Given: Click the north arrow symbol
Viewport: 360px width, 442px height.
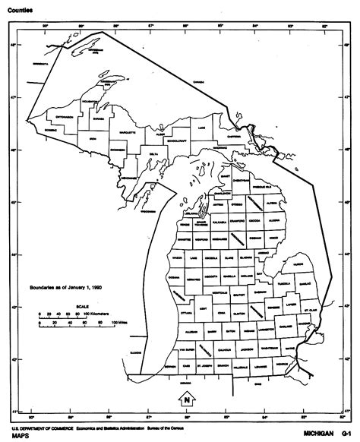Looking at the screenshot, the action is pyautogui.click(x=185, y=398).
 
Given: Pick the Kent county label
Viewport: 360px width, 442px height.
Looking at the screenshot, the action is pyautogui.click(x=201, y=309).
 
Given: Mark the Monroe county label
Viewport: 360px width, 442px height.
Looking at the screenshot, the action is pyautogui.click(x=282, y=364).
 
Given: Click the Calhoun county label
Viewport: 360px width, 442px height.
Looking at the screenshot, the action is pyautogui.click(x=220, y=349).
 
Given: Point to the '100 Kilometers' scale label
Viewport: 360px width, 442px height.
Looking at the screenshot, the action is pyautogui.click(x=96, y=313).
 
